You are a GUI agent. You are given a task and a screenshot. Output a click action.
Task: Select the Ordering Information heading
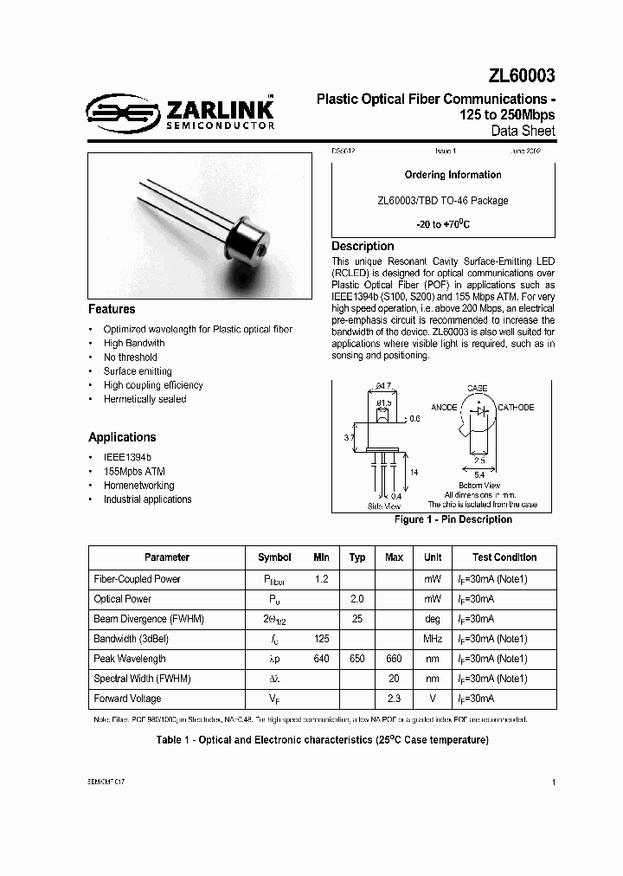(453, 175)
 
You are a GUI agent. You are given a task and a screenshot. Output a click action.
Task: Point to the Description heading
(363, 247)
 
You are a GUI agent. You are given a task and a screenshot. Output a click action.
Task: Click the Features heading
(112, 309)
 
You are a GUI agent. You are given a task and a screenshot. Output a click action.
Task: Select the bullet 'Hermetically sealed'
(145, 399)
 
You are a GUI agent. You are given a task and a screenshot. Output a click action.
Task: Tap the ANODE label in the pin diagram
(445, 408)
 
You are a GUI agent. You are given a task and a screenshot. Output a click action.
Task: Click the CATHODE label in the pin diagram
(515, 408)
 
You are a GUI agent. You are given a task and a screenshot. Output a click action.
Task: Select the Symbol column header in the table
(274, 557)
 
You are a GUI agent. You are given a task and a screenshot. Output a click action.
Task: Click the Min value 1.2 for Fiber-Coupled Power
(321, 578)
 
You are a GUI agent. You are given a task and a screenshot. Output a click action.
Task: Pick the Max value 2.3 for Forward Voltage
(394, 699)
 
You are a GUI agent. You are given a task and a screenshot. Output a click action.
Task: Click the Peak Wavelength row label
(130, 659)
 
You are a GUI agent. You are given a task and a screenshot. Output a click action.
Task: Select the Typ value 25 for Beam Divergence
(356, 619)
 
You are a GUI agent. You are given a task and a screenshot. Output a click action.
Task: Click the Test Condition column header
(504, 557)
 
